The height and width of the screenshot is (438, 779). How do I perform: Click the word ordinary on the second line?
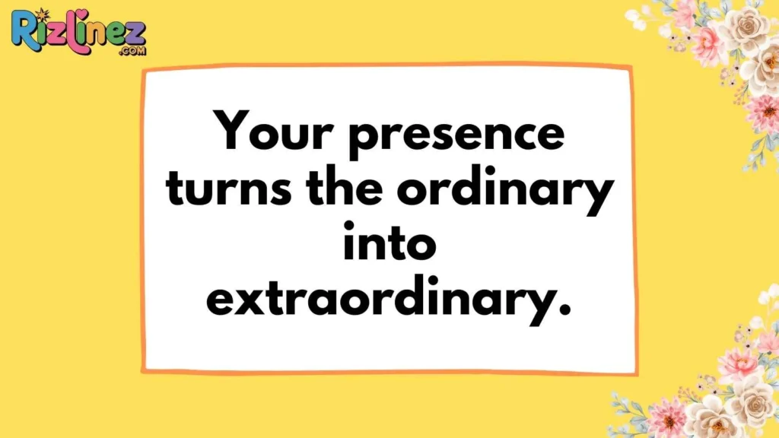click(x=505, y=190)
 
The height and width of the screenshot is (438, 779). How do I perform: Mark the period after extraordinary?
click(x=565, y=310)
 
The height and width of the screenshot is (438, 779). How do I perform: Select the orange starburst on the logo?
click(x=43, y=14)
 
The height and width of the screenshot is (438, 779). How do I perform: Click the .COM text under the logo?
click(x=132, y=51)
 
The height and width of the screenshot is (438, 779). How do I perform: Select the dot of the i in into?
click(x=349, y=227)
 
